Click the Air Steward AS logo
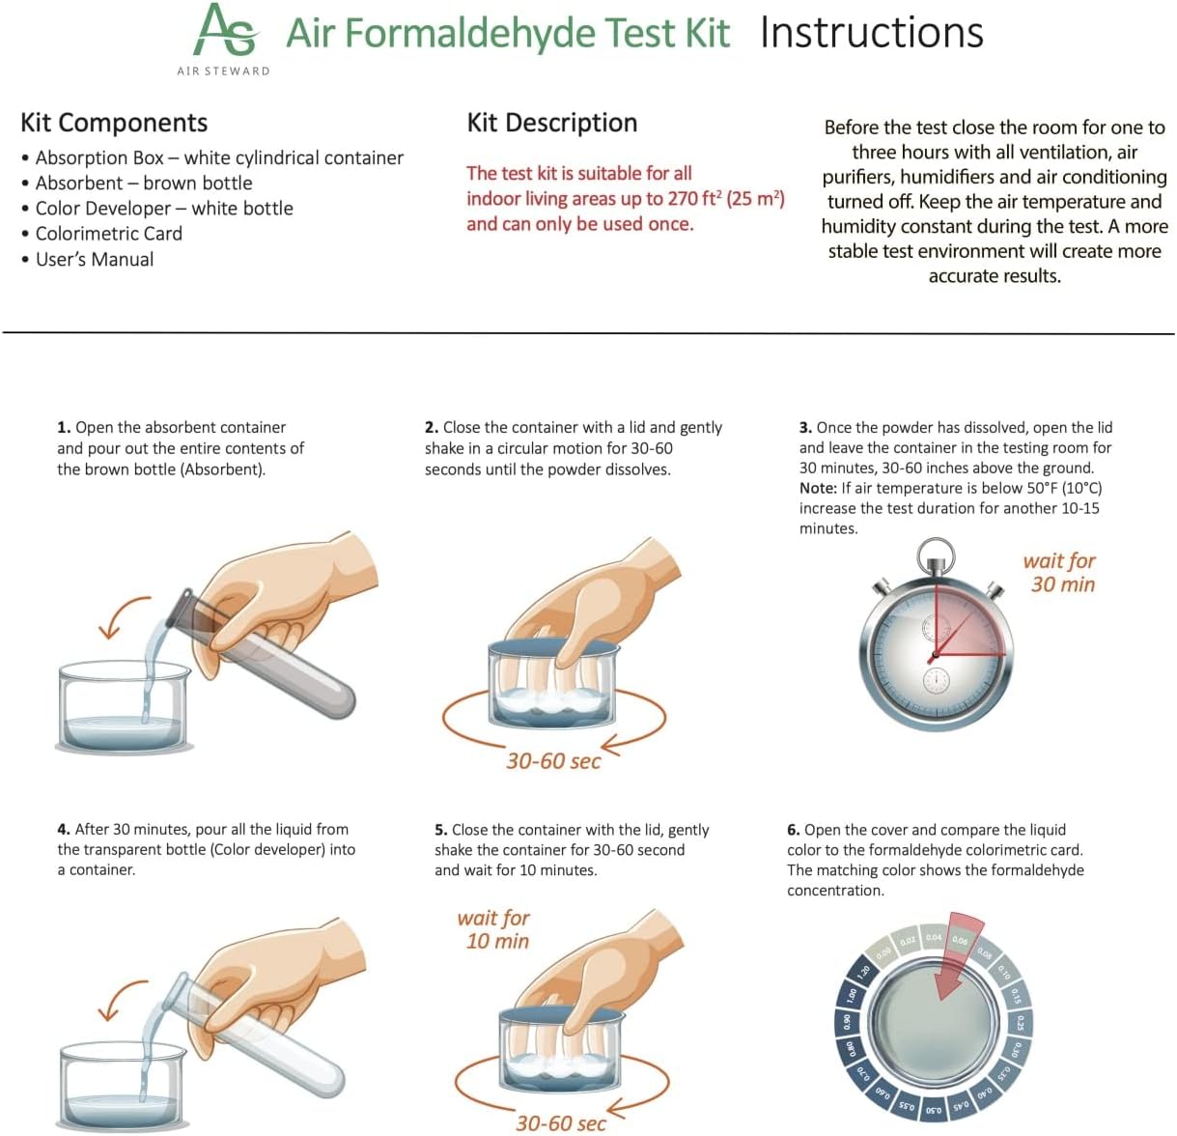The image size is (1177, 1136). click(225, 31)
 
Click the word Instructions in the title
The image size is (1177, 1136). click(871, 33)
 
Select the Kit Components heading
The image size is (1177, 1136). click(114, 123)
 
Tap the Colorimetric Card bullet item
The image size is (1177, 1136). click(108, 234)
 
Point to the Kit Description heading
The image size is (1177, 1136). click(551, 123)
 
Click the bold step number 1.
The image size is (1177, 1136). click(64, 427)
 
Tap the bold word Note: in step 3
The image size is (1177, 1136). click(817, 489)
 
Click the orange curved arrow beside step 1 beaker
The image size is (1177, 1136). click(121, 616)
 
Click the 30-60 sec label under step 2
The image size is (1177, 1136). click(553, 761)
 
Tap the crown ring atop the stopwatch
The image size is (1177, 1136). click(935, 554)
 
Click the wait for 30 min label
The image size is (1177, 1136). click(1060, 573)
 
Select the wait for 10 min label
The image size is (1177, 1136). click(495, 929)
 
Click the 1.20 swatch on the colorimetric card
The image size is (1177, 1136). click(864, 970)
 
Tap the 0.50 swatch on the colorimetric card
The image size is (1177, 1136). click(933, 1110)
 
